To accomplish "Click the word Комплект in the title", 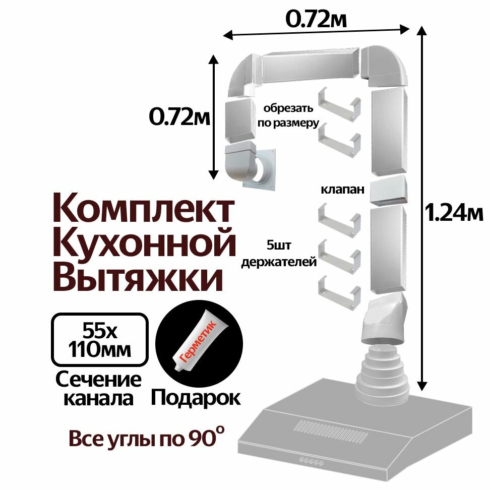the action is [143, 211].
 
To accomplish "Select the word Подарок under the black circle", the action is [196, 398].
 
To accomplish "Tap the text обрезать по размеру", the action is [290, 115].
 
